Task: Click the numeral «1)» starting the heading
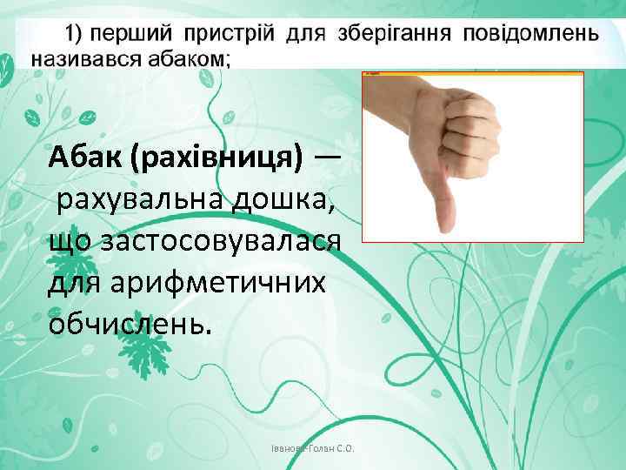(74, 35)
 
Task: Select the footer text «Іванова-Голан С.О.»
(317, 449)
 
